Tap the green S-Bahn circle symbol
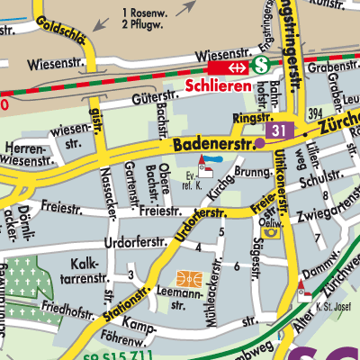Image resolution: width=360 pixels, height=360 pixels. (261, 65)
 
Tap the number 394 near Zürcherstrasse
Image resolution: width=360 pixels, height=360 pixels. (314, 112)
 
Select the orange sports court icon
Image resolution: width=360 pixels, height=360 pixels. (187, 278)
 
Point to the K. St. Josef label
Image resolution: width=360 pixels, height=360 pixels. (330, 309)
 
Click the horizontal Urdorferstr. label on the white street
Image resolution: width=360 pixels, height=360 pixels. (136, 243)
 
